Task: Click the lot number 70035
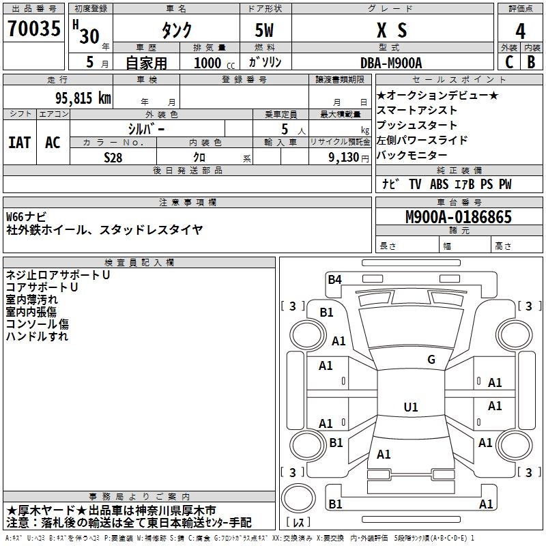point(34,30)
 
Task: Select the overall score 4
point(520,31)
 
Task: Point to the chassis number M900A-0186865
point(458,218)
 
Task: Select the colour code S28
point(113,157)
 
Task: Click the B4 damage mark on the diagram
point(334,278)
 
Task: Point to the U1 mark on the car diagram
point(411,407)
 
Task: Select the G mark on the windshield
point(431,360)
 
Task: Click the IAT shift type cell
point(19,143)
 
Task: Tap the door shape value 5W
point(265,31)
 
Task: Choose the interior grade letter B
point(531,62)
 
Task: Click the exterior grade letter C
point(508,62)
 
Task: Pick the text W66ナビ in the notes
point(27,217)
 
